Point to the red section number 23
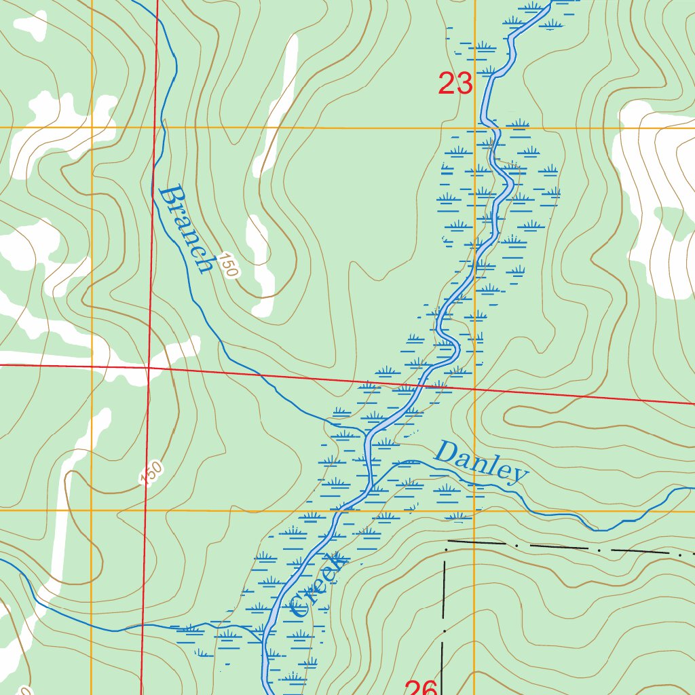[455, 84]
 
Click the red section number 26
[421, 687]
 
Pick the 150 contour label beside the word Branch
[229, 267]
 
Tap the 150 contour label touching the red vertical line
[152, 473]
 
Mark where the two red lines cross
[149, 367]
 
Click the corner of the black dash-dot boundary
[445, 543]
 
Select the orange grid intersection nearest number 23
[474, 127]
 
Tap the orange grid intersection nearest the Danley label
[474, 510]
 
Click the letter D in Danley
[447, 451]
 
